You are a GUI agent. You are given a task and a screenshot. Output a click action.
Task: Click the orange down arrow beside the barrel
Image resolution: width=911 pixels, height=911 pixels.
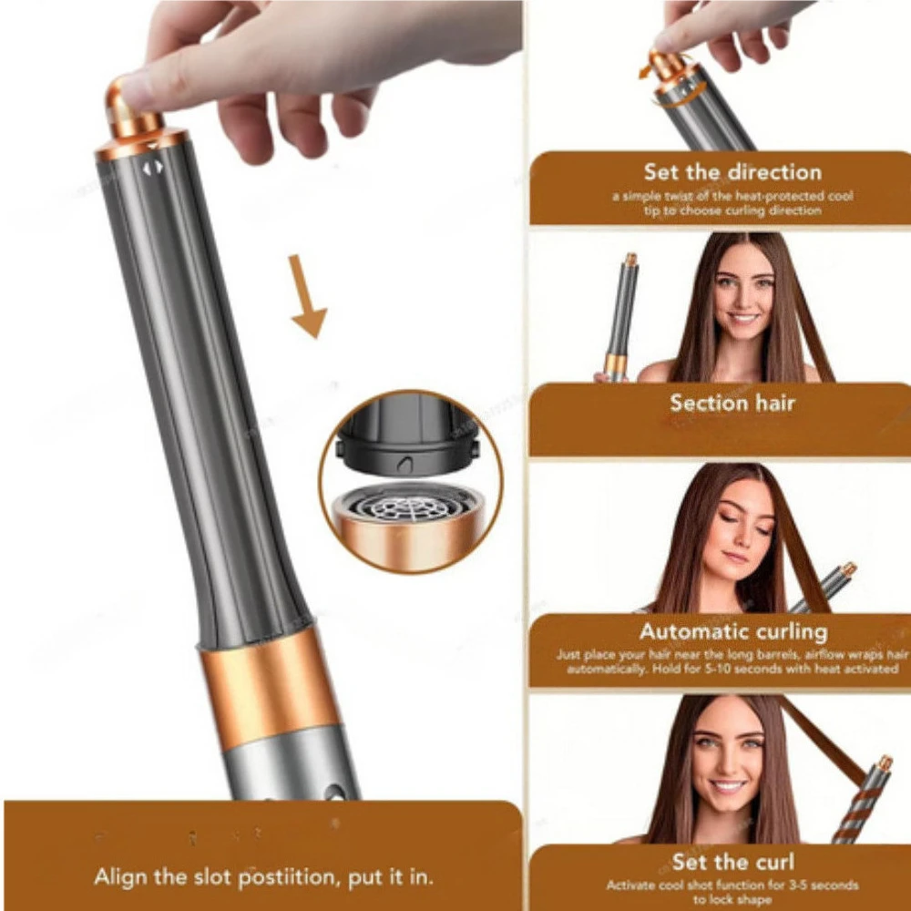click(x=308, y=296)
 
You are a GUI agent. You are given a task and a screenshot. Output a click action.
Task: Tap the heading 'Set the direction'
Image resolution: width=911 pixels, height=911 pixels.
click(x=732, y=171)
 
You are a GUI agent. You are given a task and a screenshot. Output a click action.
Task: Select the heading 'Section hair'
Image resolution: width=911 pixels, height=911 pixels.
click(x=732, y=402)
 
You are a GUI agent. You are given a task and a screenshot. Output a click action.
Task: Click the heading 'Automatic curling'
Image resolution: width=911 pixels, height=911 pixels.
click(x=732, y=631)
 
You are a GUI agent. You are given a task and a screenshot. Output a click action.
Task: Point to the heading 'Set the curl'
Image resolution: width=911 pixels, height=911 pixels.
click(x=732, y=862)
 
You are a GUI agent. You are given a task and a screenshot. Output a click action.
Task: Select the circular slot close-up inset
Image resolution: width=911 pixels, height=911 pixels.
click(x=411, y=482)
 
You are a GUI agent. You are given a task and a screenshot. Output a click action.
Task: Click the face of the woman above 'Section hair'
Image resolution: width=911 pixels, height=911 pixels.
click(x=743, y=292)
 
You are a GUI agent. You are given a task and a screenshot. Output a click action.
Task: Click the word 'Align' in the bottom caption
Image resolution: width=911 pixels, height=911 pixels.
click(x=122, y=879)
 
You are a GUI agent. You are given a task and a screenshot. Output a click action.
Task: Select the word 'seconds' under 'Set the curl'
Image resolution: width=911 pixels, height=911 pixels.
click(x=824, y=885)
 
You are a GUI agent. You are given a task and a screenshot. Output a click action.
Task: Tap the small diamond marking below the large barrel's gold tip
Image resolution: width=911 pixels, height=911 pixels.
click(x=152, y=167)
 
